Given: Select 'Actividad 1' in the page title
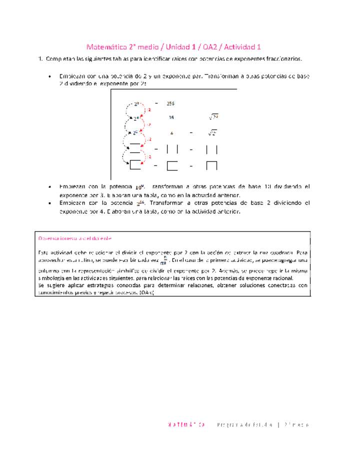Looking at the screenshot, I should click(x=242, y=47).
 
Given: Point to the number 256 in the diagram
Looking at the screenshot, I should click(x=170, y=103).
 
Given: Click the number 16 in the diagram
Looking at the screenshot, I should click(x=171, y=118).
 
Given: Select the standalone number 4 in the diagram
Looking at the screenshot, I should click(x=171, y=133).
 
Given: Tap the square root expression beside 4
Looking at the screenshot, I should click(x=212, y=133).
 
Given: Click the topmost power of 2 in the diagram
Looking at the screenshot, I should click(x=136, y=104).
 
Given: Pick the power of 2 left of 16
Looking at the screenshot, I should click(x=136, y=118).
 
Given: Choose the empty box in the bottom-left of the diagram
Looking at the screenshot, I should click(x=135, y=164).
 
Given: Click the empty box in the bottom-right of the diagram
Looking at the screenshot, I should click(x=211, y=165).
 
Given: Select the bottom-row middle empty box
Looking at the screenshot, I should click(x=171, y=165).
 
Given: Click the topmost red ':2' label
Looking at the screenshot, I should click(x=148, y=109).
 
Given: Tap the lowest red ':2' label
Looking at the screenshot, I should click(x=148, y=156).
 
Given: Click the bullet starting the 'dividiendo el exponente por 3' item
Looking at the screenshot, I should click(x=49, y=186).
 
